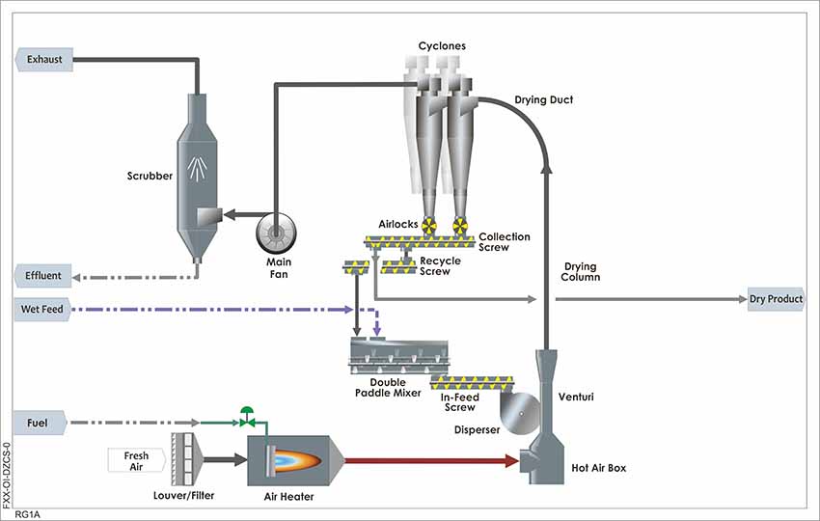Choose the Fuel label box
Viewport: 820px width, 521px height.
(39, 423)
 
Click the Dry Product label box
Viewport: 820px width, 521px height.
(776, 300)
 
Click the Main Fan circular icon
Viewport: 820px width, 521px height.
(276, 231)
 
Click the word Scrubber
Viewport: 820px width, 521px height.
(150, 177)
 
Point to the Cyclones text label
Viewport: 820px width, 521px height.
(442, 45)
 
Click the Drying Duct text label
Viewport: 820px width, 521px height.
(543, 100)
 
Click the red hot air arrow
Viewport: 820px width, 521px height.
(434, 461)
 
